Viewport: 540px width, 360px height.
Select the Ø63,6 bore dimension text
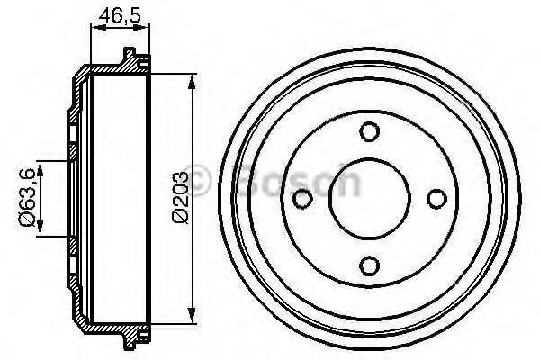[31, 197]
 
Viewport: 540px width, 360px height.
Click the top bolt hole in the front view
[369, 132]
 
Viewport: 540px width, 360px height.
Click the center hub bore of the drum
[369, 197]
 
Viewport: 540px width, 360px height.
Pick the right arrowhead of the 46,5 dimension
[144, 30]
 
